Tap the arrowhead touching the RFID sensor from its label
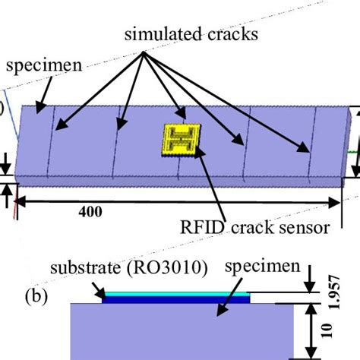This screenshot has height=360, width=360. [x=197, y=151]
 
